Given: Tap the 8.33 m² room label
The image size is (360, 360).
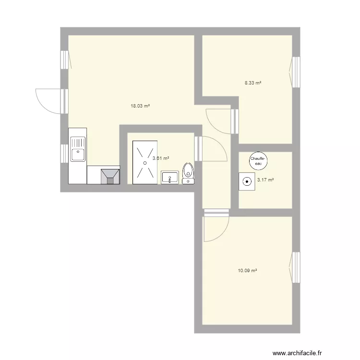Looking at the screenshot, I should pyautogui.click(x=253, y=83).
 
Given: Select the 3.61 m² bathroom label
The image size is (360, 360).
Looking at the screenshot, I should pyautogui.click(x=160, y=158).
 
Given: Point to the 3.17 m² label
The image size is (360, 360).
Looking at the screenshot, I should pyautogui.click(x=265, y=180).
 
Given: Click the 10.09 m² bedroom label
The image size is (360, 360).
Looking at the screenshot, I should pyautogui.click(x=247, y=271).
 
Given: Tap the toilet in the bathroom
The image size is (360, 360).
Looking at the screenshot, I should pyautogui.click(x=188, y=173).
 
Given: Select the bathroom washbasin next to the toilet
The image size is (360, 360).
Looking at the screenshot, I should pyautogui.click(x=169, y=177).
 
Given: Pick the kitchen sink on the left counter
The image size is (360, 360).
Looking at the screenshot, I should pyautogui.click(x=77, y=149).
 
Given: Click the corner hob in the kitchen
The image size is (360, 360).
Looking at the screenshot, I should pyautogui.click(x=110, y=176).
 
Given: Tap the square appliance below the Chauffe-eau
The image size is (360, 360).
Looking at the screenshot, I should pyautogui.click(x=247, y=182).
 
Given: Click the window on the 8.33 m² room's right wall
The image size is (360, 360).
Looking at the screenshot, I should pyautogui.click(x=296, y=72).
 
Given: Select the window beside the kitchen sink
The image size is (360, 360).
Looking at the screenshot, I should pyautogui.click(x=64, y=154).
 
